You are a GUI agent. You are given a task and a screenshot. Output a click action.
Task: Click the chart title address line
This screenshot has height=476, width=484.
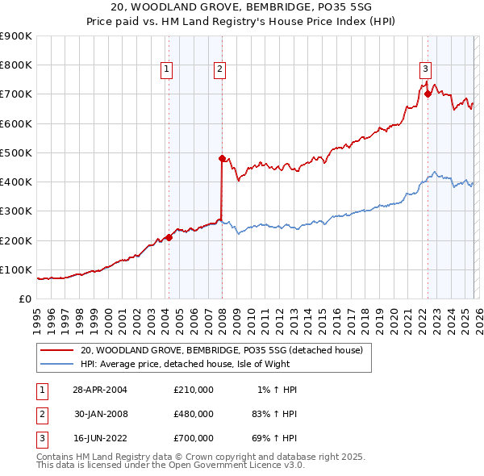click(242, 7)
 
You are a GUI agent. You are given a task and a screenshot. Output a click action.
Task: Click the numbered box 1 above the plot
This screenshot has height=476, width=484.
click(166, 70)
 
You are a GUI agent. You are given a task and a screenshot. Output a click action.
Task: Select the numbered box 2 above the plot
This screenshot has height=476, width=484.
click(219, 70)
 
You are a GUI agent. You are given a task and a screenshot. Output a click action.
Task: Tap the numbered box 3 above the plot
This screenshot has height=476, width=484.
click(425, 70)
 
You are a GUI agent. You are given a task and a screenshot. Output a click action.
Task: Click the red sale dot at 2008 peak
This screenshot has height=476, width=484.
click(222, 158)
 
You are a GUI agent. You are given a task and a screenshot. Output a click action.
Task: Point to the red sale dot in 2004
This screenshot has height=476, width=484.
click(169, 237)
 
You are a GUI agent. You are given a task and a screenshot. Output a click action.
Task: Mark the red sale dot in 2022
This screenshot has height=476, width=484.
click(428, 94)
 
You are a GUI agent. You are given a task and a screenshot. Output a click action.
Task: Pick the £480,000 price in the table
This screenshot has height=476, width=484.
click(194, 414)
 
